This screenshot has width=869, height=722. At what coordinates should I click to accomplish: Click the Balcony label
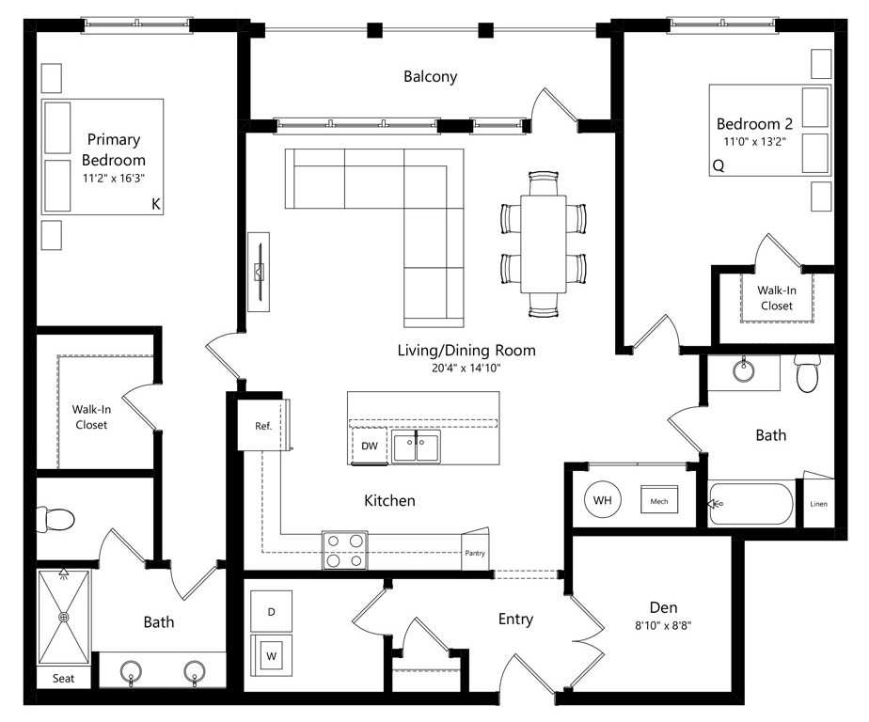pos(430,76)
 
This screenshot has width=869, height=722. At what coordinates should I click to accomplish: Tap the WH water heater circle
pos(603,500)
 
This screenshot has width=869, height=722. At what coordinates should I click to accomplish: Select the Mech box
pos(659,501)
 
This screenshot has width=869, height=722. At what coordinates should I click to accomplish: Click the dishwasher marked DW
pos(369,446)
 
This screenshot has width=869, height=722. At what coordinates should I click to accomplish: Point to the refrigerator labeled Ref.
pos(262,426)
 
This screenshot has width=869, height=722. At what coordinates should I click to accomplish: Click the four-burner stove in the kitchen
pos(345,550)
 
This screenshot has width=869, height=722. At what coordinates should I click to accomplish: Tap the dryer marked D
pos(272,612)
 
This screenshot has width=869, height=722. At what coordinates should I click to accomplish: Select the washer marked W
pos(272,656)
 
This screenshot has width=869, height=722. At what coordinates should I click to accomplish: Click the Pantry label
pos(475,553)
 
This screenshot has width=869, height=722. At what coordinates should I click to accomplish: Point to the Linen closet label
pos(818,504)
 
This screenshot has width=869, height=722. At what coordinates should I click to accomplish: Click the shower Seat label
pos(63,678)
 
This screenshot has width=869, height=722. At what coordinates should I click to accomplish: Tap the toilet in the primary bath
pos(55,520)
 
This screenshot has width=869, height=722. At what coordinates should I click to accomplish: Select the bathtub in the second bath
pos(750,504)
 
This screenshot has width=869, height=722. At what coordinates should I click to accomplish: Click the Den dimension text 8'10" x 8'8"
pos(663,626)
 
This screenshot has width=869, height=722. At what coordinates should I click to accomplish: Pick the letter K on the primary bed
pos(156,204)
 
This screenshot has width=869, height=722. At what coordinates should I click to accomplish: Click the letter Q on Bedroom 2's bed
pos(719,165)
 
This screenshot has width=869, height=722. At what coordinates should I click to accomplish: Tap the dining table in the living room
pos(544,243)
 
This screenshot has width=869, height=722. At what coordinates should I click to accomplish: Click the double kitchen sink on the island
pos(417,447)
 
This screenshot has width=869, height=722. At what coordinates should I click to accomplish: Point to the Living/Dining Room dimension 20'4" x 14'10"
pos(466,368)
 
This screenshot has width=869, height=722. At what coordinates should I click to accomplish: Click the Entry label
pos(515,619)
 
